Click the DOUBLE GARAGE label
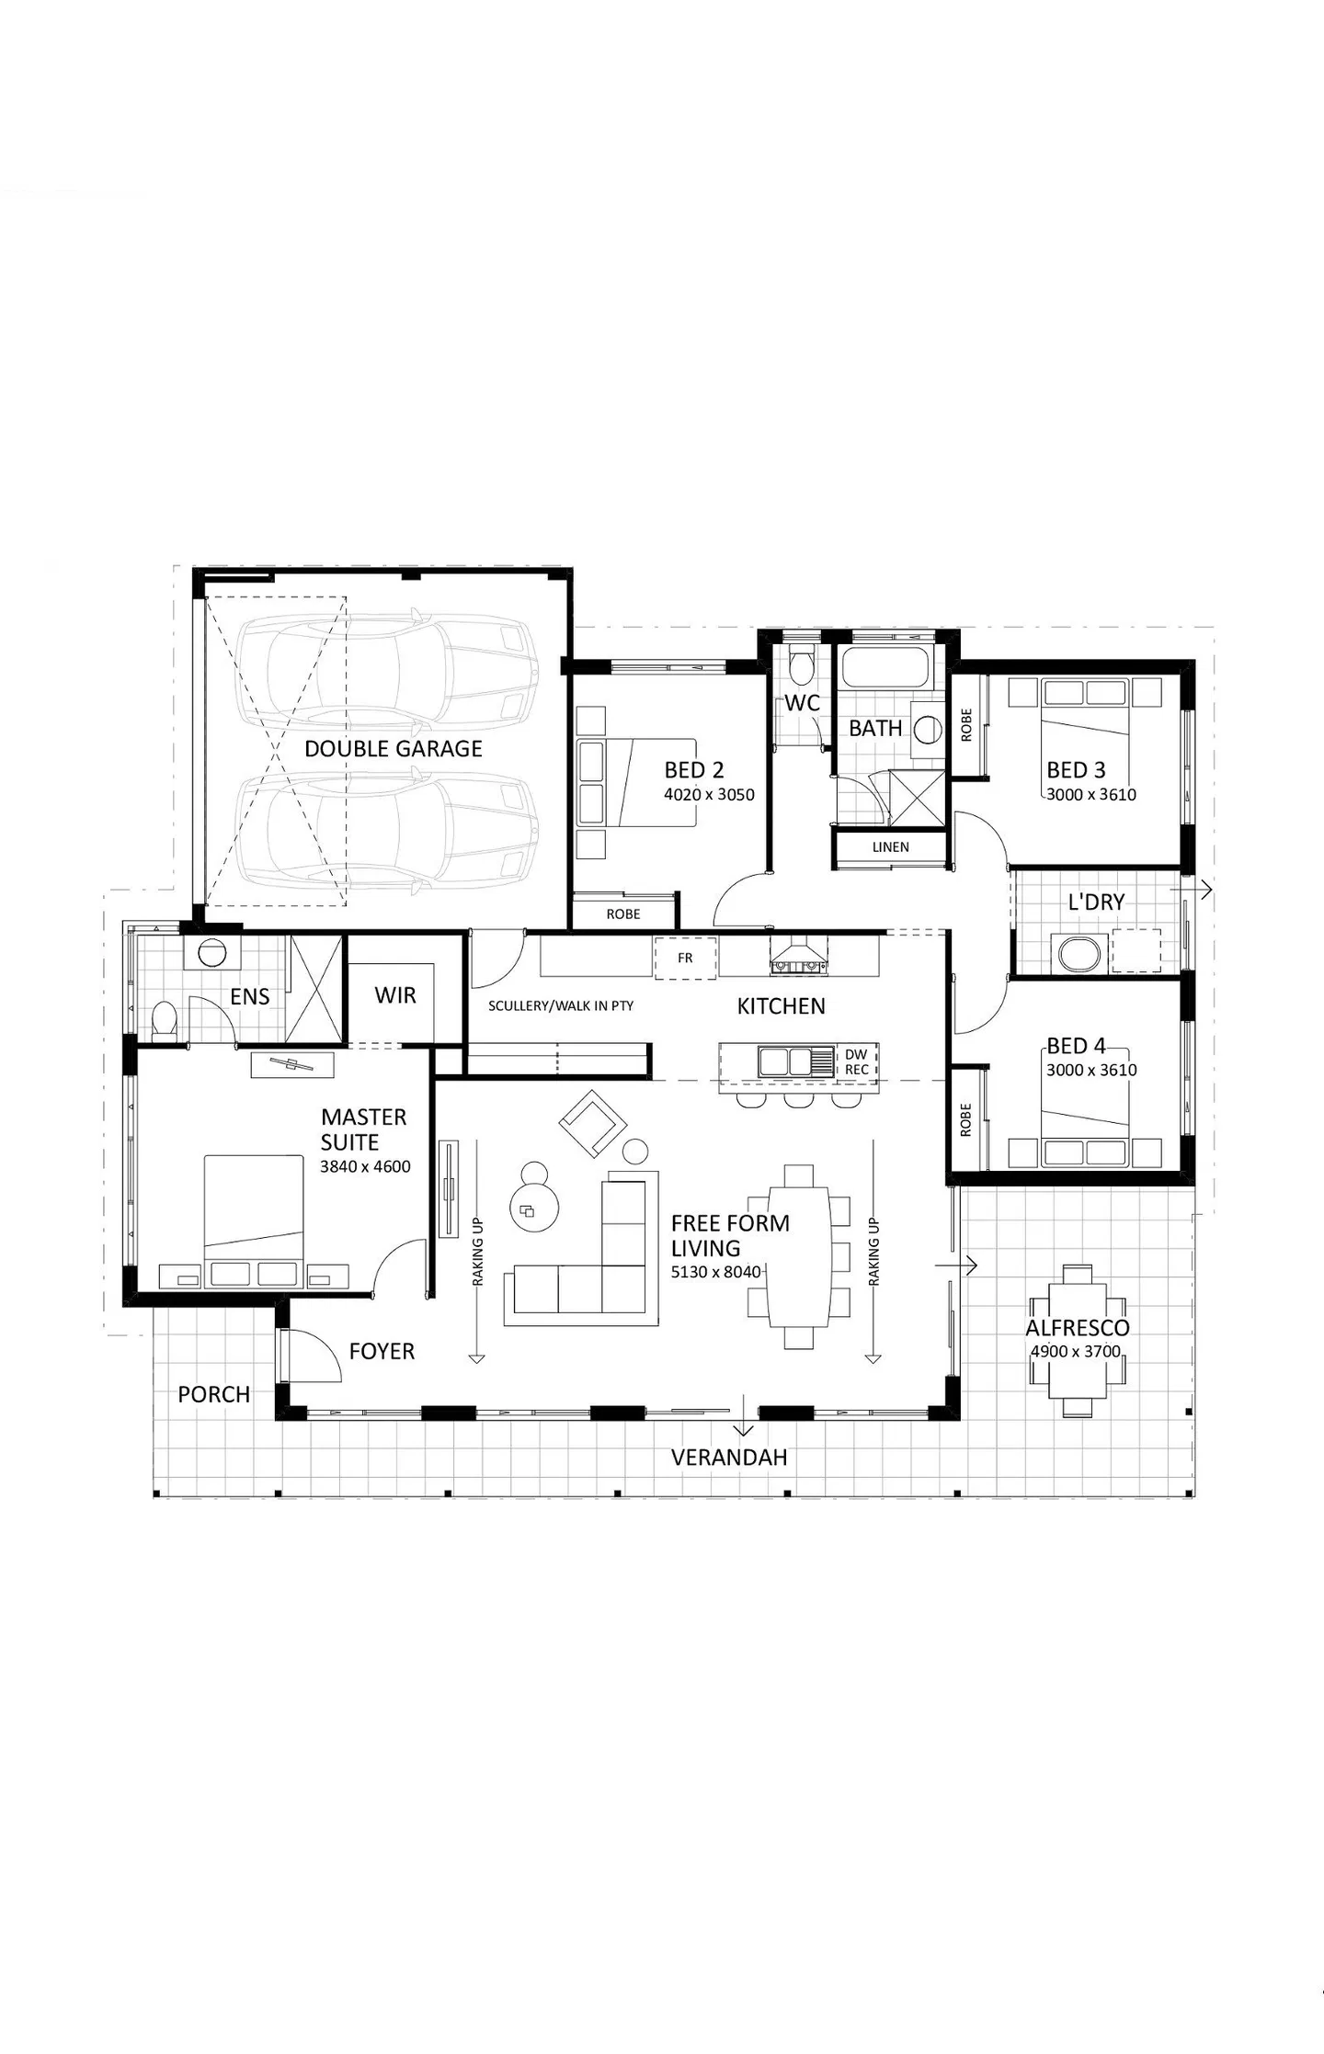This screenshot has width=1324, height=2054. (394, 749)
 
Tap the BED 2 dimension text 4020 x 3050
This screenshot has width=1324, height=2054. (709, 795)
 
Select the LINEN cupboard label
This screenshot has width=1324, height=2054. (890, 847)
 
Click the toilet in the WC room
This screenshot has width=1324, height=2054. (802, 665)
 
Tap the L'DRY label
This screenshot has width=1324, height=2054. (1096, 902)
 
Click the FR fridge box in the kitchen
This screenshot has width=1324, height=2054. (685, 958)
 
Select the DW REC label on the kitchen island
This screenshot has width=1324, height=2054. (857, 1062)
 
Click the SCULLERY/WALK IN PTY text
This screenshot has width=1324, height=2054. (561, 1006)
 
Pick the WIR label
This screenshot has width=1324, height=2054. (395, 995)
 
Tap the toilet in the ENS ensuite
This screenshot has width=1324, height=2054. (164, 1020)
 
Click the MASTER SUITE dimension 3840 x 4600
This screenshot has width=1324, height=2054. (365, 1167)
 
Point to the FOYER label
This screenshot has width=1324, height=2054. (382, 1351)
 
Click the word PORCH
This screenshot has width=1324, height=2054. (214, 1394)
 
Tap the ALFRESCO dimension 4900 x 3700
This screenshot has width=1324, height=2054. (1076, 1351)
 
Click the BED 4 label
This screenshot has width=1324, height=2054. (1076, 1046)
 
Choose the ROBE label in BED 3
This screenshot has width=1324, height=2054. (965, 725)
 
